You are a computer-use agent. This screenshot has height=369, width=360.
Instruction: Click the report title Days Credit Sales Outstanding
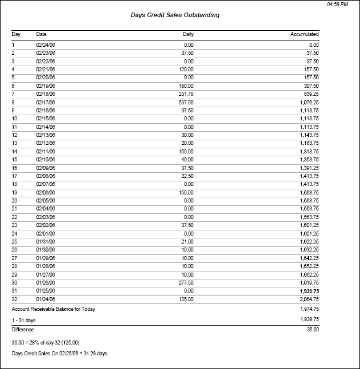pyautogui.click(x=175, y=15)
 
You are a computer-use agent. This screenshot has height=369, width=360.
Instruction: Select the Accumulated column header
pyautogui.click(x=304, y=34)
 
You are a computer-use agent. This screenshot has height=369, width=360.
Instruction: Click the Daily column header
pyautogui.click(x=188, y=34)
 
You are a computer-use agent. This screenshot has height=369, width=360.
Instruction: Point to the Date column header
pyautogui.click(x=42, y=34)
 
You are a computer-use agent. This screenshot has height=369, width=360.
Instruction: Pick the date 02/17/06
pyautogui.click(x=46, y=102)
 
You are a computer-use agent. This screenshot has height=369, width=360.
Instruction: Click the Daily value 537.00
pyautogui.click(x=186, y=102)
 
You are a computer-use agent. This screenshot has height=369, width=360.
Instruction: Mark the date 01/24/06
pyautogui.click(x=46, y=299)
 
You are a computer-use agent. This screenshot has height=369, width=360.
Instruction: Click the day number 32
pyautogui.click(x=15, y=299)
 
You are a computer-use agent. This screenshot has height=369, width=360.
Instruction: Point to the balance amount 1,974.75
pyautogui.click(x=308, y=309)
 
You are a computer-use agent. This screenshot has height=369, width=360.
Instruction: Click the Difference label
pyautogui.click(x=23, y=330)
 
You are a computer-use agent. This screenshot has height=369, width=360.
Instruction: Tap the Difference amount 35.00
pyautogui.click(x=312, y=330)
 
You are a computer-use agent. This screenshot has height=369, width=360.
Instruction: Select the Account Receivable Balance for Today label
pyautogui.click(x=54, y=309)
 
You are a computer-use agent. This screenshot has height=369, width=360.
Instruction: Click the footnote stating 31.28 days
pyautogui.click(x=59, y=354)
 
